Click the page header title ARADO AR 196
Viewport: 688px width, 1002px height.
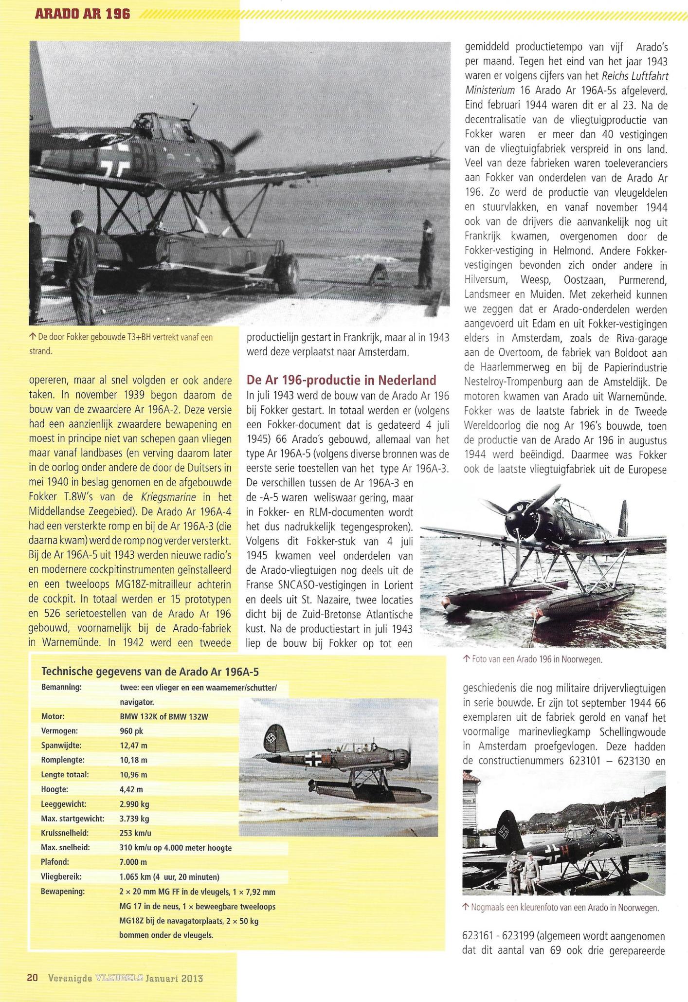pyautogui.click(x=83, y=14)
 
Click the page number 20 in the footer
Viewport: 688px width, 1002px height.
pyautogui.click(x=33, y=978)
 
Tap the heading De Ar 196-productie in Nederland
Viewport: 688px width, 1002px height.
pyautogui.click(x=341, y=380)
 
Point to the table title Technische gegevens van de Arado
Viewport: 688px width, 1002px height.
pyautogui.click(x=150, y=672)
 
